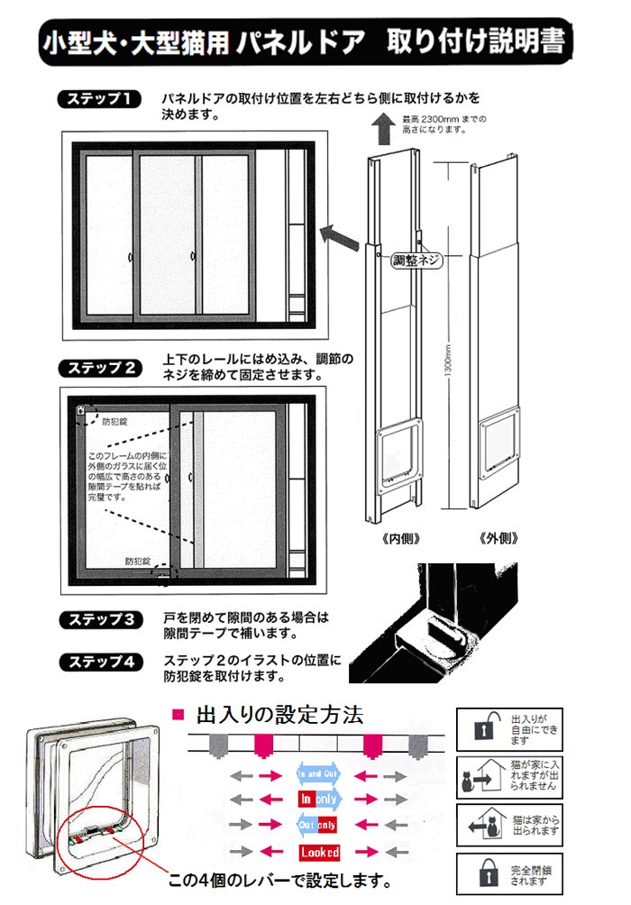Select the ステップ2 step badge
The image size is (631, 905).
click(96, 369)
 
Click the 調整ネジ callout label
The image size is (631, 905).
click(417, 261)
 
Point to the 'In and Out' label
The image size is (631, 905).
click(318, 773)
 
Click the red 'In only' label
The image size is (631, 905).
click(318, 799)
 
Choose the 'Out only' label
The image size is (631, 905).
click(318, 824)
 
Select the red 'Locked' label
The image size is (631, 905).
click(318, 851)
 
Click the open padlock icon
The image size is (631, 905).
click(483, 728)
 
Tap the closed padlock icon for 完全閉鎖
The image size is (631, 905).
click(483, 875)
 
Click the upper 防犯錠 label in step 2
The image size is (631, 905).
click(115, 420)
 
